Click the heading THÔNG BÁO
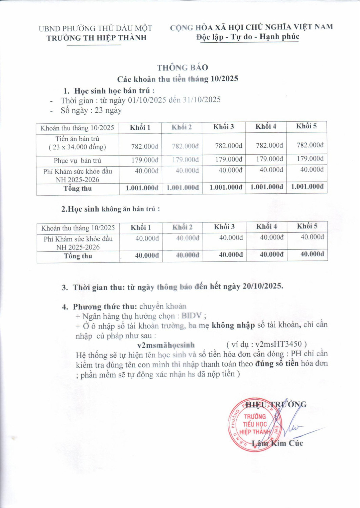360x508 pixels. [x=182, y=67]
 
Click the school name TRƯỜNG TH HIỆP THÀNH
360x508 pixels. [x=97, y=38]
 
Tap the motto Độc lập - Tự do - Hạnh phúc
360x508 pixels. [x=248, y=37]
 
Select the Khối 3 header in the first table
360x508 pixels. [x=223, y=127]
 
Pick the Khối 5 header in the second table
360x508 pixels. [x=307, y=226]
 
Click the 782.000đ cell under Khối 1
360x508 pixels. [x=145, y=146]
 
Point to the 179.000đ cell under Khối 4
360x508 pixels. [x=269, y=159]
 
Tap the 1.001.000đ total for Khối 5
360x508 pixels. [x=307, y=187]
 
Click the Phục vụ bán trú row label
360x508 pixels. [x=77, y=161]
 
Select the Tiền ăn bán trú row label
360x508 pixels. [x=77, y=143]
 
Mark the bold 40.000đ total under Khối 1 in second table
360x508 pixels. [x=147, y=255]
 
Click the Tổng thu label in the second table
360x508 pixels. [x=78, y=256]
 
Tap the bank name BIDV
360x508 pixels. [x=192, y=316]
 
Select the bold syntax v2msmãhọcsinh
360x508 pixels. [x=166, y=345]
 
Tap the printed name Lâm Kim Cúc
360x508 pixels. [x=277, y=443]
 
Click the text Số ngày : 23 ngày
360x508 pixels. [x=91, y=110]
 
